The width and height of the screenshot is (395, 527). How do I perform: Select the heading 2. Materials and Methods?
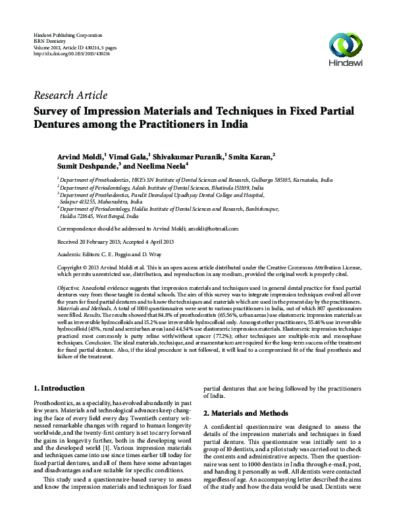(246, 413)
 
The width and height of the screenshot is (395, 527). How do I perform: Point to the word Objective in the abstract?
(68, 289)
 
